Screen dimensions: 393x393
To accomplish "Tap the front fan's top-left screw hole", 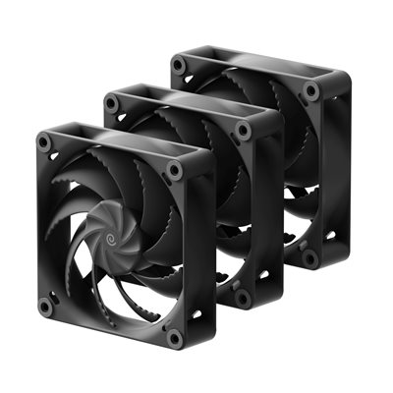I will coord(45,143).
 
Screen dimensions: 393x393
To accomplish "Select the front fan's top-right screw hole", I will coord(174,170).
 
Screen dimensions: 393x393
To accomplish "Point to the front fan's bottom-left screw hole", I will coord(45,306).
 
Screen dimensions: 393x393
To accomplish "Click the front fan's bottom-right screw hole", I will coord(174,337).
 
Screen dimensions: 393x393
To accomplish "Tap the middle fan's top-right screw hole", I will coord(243,128).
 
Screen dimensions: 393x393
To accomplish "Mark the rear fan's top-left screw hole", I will coord(178,65).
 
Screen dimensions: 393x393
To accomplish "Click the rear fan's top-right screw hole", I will coord(310,89).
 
